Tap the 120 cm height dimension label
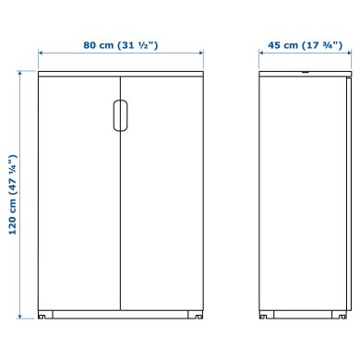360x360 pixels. [x=12, y=196]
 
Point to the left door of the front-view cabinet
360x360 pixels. [x=78, y=194]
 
